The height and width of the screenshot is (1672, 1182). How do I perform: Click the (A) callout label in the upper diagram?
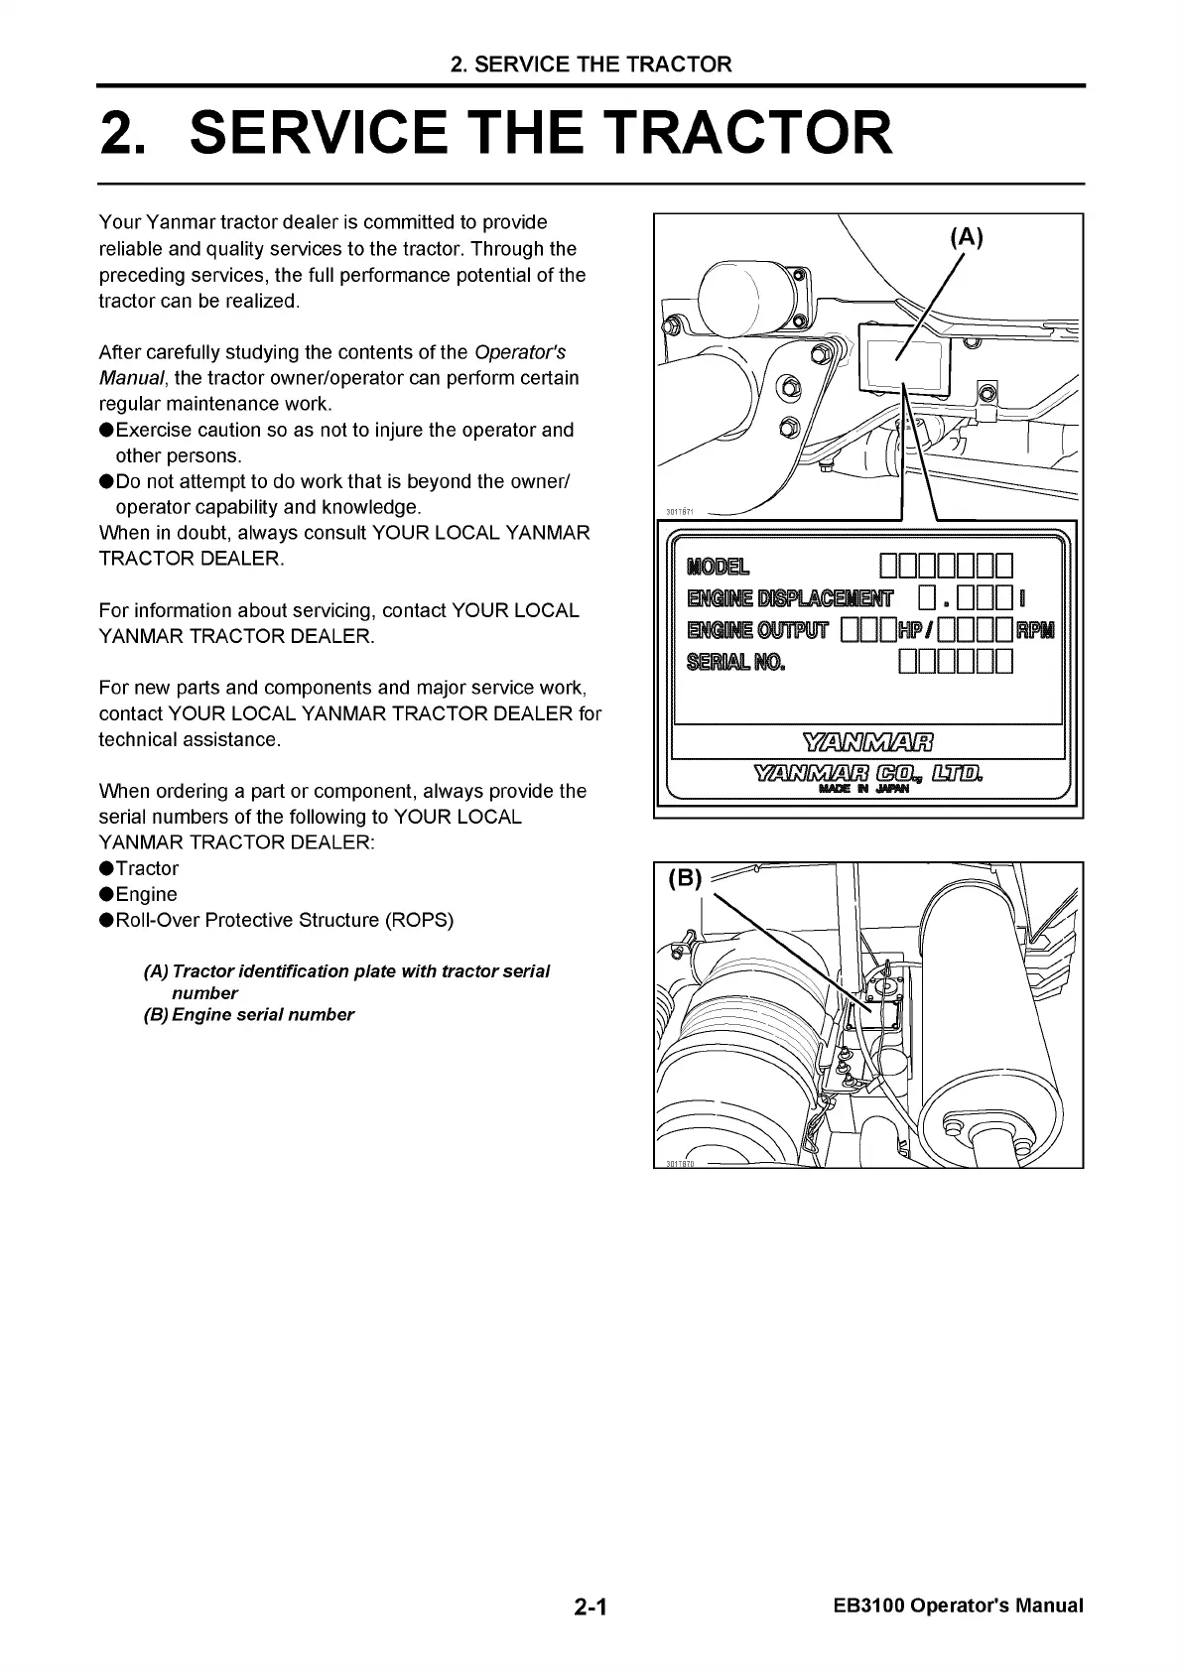966,237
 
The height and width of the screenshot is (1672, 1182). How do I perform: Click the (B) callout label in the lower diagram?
685,878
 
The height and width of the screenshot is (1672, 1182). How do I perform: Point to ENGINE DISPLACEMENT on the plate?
790,598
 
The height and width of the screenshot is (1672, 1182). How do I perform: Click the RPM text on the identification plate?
1037,630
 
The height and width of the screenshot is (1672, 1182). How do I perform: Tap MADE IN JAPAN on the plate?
866,791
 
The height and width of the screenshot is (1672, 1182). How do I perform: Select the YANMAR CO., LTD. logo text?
867,773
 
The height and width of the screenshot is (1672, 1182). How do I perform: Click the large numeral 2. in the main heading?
126,134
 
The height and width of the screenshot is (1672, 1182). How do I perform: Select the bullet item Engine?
146,894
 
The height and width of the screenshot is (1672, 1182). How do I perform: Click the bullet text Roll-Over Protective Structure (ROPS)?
284,920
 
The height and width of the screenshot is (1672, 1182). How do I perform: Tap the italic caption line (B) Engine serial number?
249,1014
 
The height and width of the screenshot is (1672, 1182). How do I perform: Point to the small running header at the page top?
591,64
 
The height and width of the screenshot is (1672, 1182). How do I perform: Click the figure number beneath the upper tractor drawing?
680,512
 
